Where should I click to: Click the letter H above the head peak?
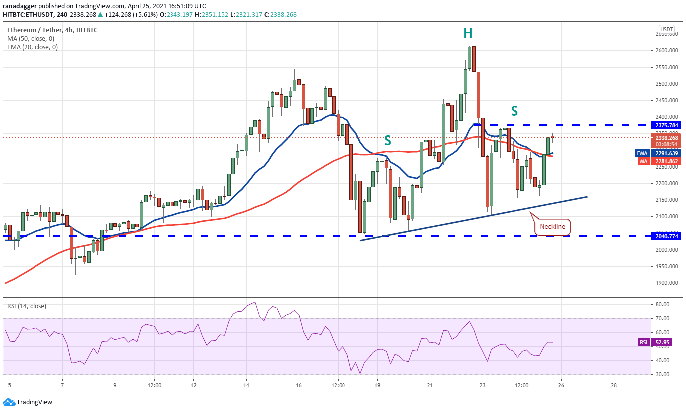coord(467,33)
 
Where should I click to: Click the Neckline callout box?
coord(552,226)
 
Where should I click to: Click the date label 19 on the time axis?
coord(377,385)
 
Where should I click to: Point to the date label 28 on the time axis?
coord(614,385)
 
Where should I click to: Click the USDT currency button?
coord(666,29)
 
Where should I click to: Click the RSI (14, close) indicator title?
coord(26,306)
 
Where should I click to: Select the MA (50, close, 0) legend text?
coord(31,38)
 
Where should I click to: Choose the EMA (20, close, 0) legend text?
coord(32,47)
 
